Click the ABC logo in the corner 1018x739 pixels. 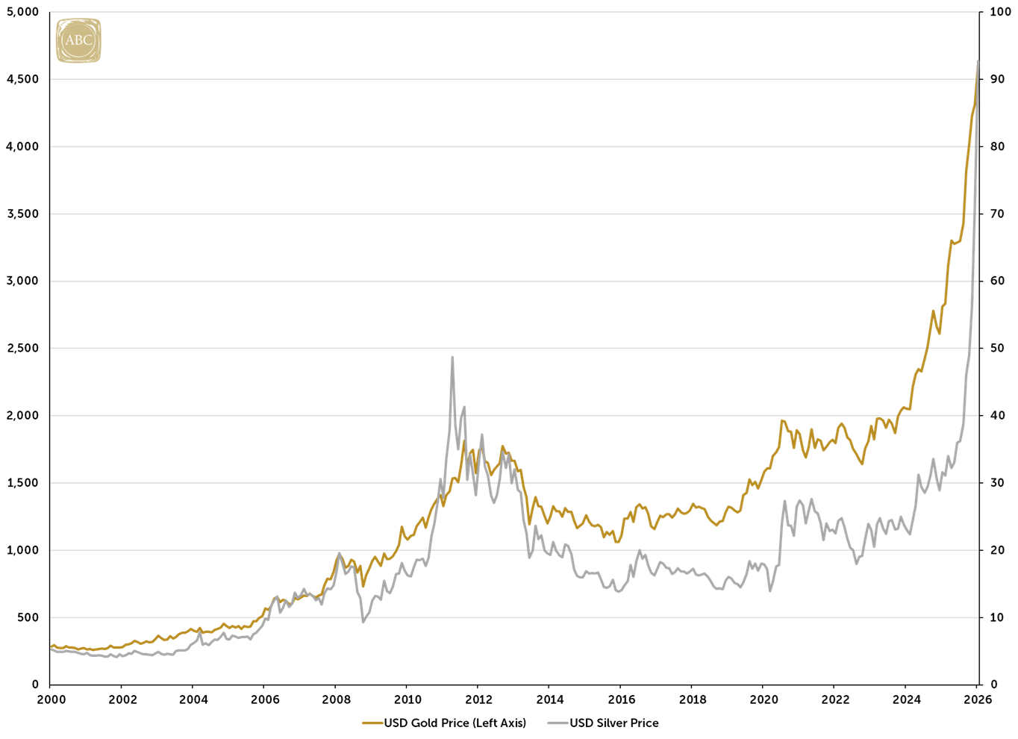pos(78,40)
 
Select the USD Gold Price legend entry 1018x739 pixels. pos(445,723)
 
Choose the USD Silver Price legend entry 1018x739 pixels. pos(604,723)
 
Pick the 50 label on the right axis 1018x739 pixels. pos(997,348)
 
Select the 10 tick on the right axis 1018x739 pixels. pos(997,617)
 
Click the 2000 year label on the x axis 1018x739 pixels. pos(51,699)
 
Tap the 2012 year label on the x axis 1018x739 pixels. pos(478,699)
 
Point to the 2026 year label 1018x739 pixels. pos(978,699)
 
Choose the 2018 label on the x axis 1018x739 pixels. pos(693,699)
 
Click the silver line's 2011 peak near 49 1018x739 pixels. pos(452,357)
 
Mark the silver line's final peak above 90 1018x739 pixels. pos(978,61)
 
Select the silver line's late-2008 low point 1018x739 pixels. pos(363,622)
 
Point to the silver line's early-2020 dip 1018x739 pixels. pos(770,591)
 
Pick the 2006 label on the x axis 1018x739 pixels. pos(265,699)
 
